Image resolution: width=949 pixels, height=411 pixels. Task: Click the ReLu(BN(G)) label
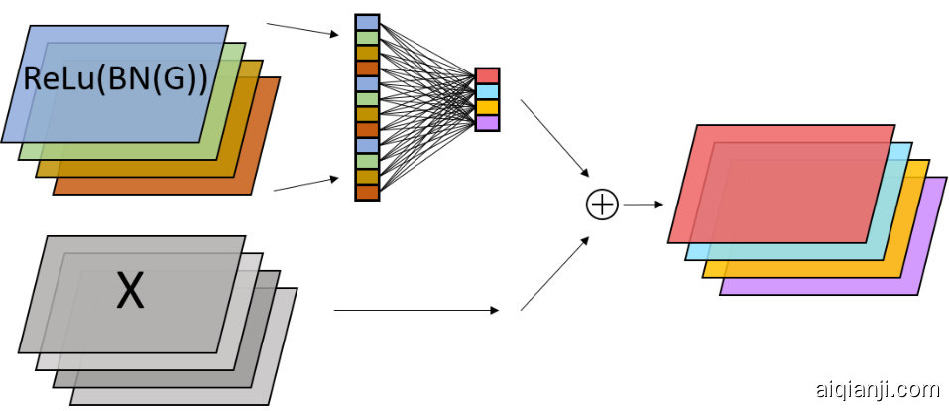click(115, 79)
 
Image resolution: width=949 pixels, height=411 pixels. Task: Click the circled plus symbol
click(602, 205)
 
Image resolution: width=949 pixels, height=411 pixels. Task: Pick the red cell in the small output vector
click(487, 76)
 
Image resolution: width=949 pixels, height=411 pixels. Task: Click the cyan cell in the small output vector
click(487, 92)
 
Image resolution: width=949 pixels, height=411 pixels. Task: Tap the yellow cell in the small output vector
click(487, 107)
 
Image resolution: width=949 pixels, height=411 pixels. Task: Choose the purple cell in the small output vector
click(487, 123)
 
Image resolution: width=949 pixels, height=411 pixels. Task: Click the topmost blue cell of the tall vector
click(367, 22)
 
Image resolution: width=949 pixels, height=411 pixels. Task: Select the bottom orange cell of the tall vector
click(367, 192)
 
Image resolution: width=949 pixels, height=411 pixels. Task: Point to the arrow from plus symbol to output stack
click(643, 205)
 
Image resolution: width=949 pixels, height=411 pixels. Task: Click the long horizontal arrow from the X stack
click(416, 311)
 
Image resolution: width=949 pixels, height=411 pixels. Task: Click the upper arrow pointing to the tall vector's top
click(303, 28)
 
